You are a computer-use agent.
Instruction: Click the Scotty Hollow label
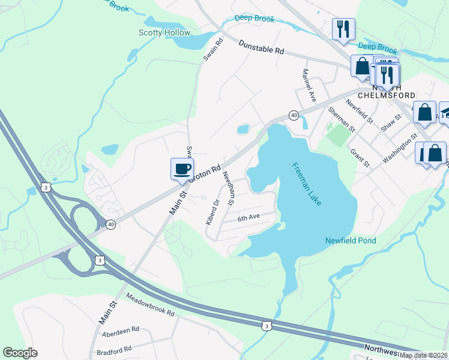(x=164, y=33)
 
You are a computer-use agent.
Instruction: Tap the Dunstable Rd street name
(x=261, y=47)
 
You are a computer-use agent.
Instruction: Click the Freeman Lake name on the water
(x=307, y=184)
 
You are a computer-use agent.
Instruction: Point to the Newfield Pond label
(x=351, y=241)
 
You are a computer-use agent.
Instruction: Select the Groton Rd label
(x=205, y=173)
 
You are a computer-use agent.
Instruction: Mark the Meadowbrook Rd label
(x=150, y=305)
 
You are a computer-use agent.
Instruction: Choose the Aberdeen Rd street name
(x=120, y=329)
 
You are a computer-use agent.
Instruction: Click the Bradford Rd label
(x=113, y=349)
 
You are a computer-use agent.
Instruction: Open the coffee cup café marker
(x=182, y=169)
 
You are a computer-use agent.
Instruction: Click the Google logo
(x=20, y=353)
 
